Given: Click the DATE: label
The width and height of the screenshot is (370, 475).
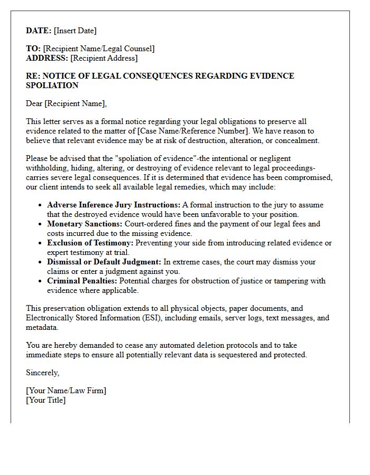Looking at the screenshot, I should [x=39, y=31].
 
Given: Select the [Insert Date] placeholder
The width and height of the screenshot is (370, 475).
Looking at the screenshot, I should [x=75, y=31].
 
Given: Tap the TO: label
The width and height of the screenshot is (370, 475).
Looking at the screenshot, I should [x=33, y=49].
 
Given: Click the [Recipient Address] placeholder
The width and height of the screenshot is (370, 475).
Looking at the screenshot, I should [x=104, y=58].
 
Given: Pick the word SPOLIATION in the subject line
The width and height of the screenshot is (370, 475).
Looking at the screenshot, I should [x=52, y=85].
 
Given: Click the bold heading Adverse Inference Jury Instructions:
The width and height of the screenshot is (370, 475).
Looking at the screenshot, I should [x=114, y=205].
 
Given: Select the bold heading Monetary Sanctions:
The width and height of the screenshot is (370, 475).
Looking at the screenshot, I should [x=85, y=224].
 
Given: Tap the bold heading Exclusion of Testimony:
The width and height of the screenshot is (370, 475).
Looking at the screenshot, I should [x=90, y=243].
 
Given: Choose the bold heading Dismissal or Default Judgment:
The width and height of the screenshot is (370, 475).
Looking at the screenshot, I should [x=104, y=262].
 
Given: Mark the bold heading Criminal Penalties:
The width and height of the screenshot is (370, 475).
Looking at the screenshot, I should [x=81, y=281].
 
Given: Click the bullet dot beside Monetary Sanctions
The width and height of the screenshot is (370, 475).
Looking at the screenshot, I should [x=41, y=224].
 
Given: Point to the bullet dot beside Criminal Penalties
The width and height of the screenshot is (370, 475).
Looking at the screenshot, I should [x=41, y=281].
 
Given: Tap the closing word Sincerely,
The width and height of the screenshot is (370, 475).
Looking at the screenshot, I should [x=43, y=373].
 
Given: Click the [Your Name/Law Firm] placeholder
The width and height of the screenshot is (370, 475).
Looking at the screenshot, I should [x=66, y=391].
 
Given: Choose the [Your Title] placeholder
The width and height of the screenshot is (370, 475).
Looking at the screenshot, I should [x=46, y=400].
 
